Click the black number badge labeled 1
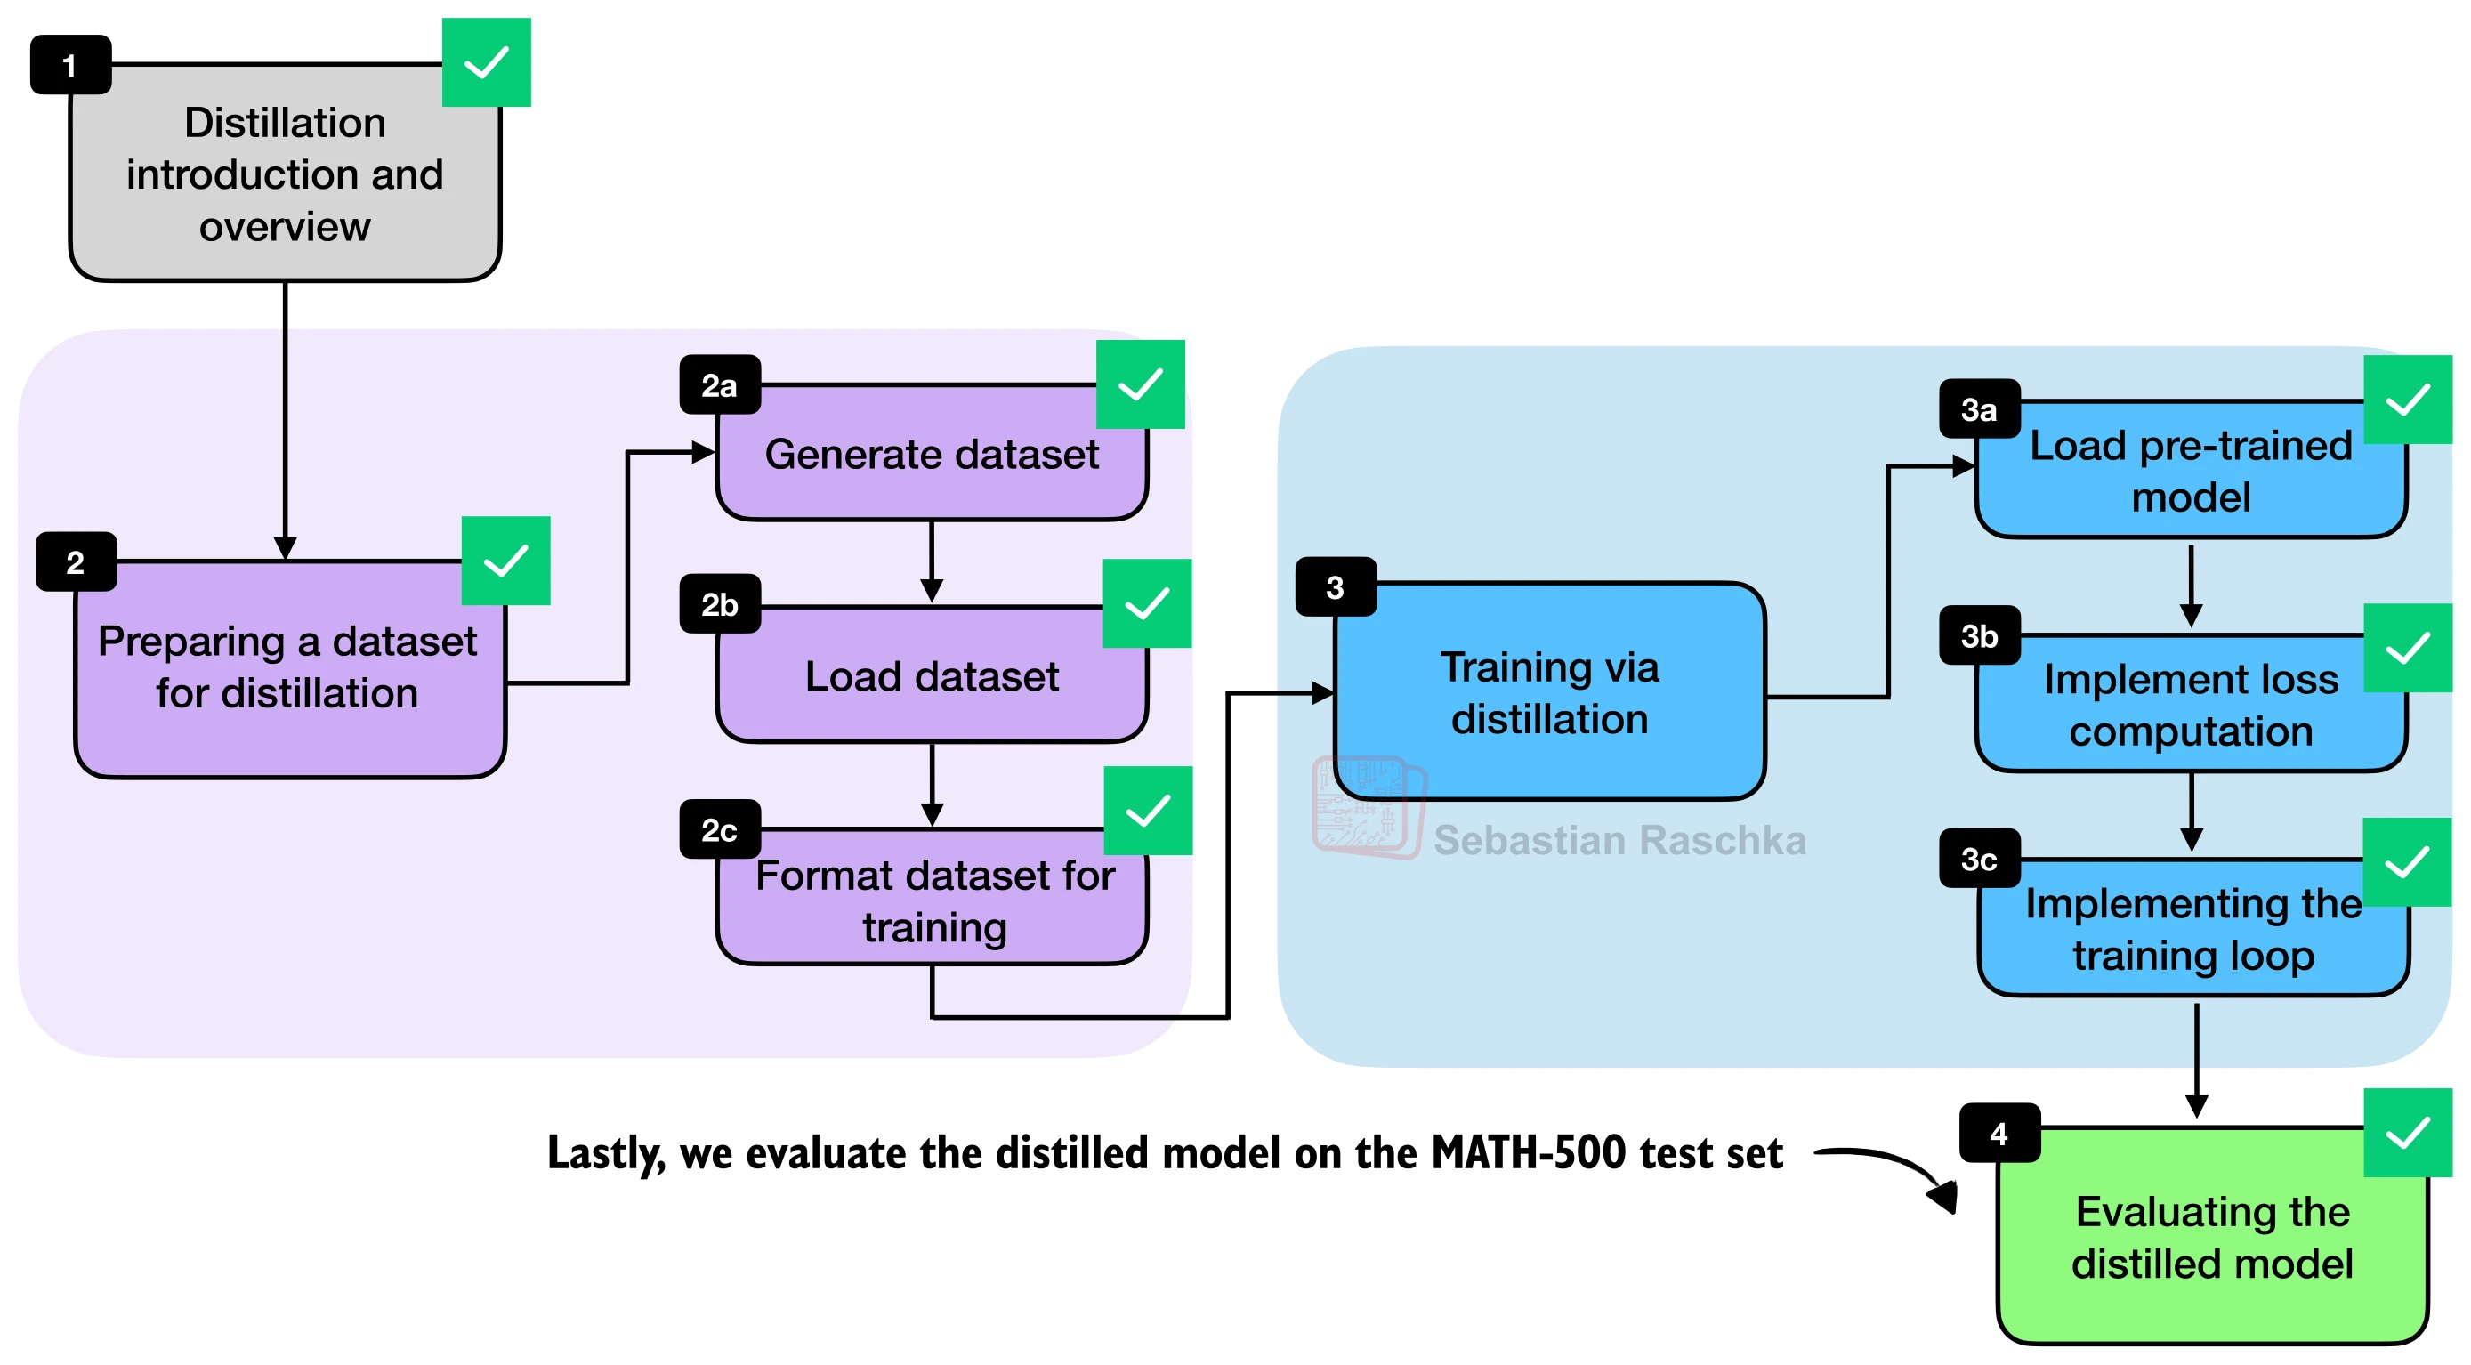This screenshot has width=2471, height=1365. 71,65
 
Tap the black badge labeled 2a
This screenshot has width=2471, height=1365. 720,384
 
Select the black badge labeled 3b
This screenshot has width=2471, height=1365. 1979,635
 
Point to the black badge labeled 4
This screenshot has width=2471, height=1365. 1999,1133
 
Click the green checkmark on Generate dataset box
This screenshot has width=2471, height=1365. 1140,384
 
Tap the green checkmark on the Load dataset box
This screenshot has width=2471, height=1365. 1146,603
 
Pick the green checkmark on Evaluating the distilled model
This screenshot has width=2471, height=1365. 2407,1133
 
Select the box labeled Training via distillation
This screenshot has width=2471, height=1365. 1549,691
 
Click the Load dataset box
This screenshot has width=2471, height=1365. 932,674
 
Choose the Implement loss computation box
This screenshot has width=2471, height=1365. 2191,703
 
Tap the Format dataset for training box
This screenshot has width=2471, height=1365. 932,897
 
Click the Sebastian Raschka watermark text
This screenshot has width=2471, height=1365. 1619,840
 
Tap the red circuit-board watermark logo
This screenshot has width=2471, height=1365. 1369,807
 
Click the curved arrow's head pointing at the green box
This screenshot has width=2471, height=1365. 1943,1195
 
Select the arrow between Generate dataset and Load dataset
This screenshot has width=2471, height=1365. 932,562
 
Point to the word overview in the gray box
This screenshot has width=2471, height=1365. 285,227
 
